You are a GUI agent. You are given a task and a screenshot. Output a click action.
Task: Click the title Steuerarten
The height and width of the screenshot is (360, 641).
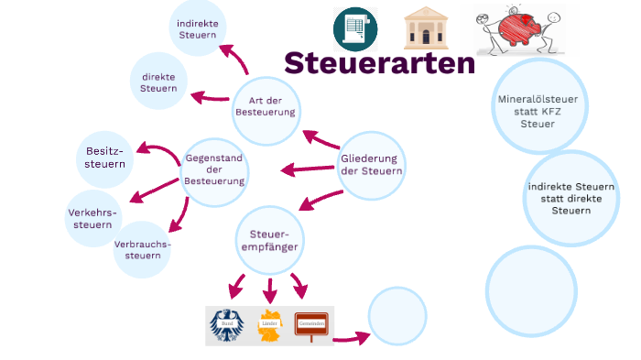point(379,63)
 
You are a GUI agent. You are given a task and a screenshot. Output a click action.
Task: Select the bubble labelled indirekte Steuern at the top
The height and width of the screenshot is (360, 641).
point(198,27)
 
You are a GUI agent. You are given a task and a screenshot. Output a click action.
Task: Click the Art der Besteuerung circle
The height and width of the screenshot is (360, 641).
point(266,106)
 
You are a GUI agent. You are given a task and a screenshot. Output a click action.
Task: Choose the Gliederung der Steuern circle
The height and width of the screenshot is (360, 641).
point(371,165)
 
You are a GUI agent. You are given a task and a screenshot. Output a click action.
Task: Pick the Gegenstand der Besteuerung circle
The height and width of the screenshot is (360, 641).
point(215,169)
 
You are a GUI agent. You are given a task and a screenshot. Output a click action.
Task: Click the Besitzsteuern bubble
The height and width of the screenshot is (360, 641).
point(105,158)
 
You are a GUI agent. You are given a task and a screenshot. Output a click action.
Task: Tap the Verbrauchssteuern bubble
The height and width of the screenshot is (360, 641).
point(142,249)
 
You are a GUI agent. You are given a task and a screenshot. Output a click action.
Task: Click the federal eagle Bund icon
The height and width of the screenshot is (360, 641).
point(227,325)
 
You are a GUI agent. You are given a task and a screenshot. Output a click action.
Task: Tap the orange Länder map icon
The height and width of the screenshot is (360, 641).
point(269,326)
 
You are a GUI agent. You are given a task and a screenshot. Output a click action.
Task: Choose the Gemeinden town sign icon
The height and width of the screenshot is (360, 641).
point(311,325)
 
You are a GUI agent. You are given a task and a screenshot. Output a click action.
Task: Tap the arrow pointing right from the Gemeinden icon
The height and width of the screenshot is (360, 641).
point(351,338)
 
